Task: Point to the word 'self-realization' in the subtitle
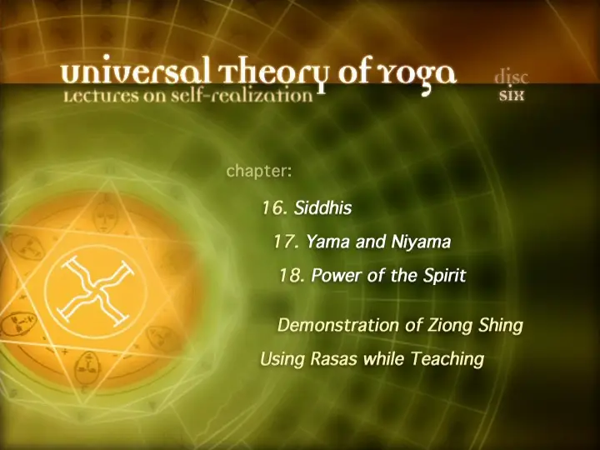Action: point(242,96)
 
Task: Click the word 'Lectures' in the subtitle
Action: point(101,96)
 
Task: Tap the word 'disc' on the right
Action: point(512,77)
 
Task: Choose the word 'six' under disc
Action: point(511,95)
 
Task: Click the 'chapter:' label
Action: point(259,171)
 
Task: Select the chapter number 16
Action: point(274,208)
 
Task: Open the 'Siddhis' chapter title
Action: point(322,208)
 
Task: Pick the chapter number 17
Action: point(286,242)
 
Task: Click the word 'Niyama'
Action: point(421,242)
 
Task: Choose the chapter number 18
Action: point(292,275)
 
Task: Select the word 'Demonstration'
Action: point(338,326)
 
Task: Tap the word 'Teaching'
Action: point(447,360)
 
